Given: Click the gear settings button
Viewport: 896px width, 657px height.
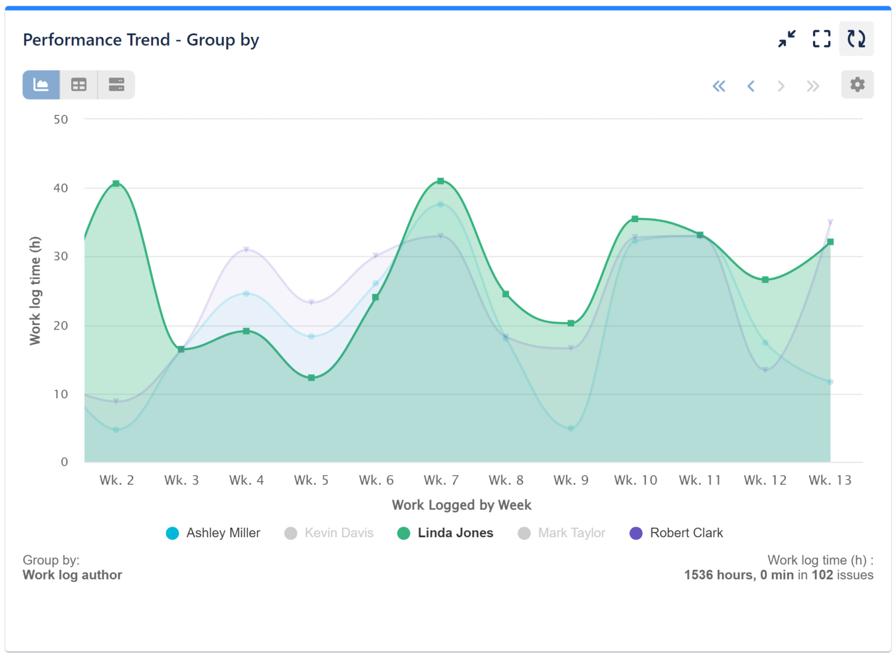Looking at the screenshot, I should click(857, 85).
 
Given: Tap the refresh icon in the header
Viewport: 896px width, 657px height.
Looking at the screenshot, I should click(856, 39).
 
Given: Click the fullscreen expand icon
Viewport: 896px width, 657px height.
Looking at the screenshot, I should click(821, 39).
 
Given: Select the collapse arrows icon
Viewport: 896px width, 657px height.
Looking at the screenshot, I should click(787, 39).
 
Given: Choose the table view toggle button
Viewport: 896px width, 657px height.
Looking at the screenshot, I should click(79, 85).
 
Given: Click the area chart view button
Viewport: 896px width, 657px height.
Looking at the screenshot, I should click(41, 85).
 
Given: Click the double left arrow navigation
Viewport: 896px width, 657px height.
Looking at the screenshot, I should click(719, 86).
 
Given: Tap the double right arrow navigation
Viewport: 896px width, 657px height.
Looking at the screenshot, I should click(813, 86).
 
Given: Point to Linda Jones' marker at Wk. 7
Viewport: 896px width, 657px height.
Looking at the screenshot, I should click(441, 181).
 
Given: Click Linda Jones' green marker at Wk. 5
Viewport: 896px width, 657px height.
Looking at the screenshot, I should click(311, 378).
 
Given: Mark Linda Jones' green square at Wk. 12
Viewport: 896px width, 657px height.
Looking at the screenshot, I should click(765, 280).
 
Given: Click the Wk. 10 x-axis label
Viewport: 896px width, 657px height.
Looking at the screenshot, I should click(635, 480).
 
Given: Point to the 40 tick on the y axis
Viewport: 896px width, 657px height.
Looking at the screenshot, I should click(60, 188).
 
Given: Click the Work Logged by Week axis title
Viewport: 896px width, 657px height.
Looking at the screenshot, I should click(461, 505).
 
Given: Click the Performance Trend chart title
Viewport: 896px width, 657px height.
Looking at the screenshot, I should click(141, 40).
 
